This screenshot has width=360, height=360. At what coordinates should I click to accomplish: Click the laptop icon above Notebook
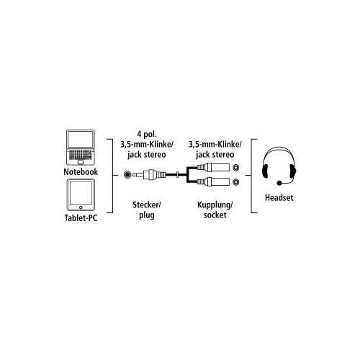click(x=81, y=148)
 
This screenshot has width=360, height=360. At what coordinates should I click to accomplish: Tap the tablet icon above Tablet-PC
click(x=81, y=195)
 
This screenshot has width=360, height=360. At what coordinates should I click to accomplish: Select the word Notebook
click(x=81, y=172)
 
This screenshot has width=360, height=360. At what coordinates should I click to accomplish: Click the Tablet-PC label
click(x=81, y=218)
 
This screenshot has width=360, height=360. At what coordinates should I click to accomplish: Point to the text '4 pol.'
click(x=147, y=134)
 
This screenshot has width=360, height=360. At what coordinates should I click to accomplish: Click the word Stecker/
click(x=147, y=204)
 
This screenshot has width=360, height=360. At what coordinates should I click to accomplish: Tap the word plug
click(x=147, y=215)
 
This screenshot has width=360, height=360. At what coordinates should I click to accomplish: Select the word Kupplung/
click(x=215, y=205)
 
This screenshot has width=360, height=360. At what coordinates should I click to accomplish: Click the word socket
click(x=215, y=215)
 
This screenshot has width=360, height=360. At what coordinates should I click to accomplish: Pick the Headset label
click(x=279, y=198)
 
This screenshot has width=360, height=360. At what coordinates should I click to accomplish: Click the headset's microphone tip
click(x=279, y=183)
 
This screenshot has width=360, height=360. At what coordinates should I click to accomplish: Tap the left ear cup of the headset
click(x=266, y=171)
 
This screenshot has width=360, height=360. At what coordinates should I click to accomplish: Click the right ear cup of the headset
click(x=292, y=171)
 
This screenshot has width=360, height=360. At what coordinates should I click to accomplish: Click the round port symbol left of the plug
click(x=127, y=174)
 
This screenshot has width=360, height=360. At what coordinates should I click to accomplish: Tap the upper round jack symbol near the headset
click(x=236, y=167)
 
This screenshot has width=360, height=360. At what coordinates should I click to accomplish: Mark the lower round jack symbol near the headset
click(x=236, y=181)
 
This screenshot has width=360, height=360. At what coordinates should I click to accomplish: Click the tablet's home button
click(x=81, y=207)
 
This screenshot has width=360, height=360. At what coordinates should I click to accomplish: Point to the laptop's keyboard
click(x=81, y=155)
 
